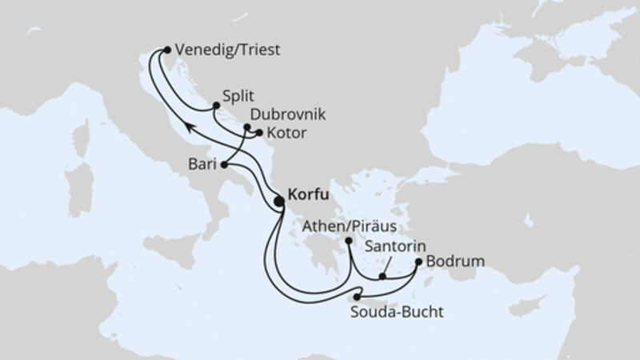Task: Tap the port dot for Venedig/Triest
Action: (x=166, y=50)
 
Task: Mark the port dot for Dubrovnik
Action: (x=247, y=128)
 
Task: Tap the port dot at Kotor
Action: (x=258, y=133)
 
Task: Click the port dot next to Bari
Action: (x=224, y=165)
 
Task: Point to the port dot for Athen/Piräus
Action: (x=349, y=239)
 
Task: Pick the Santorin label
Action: (x=395, y=247)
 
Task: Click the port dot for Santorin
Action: (x=383, y=278)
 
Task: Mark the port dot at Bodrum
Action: (x=418, y=262)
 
